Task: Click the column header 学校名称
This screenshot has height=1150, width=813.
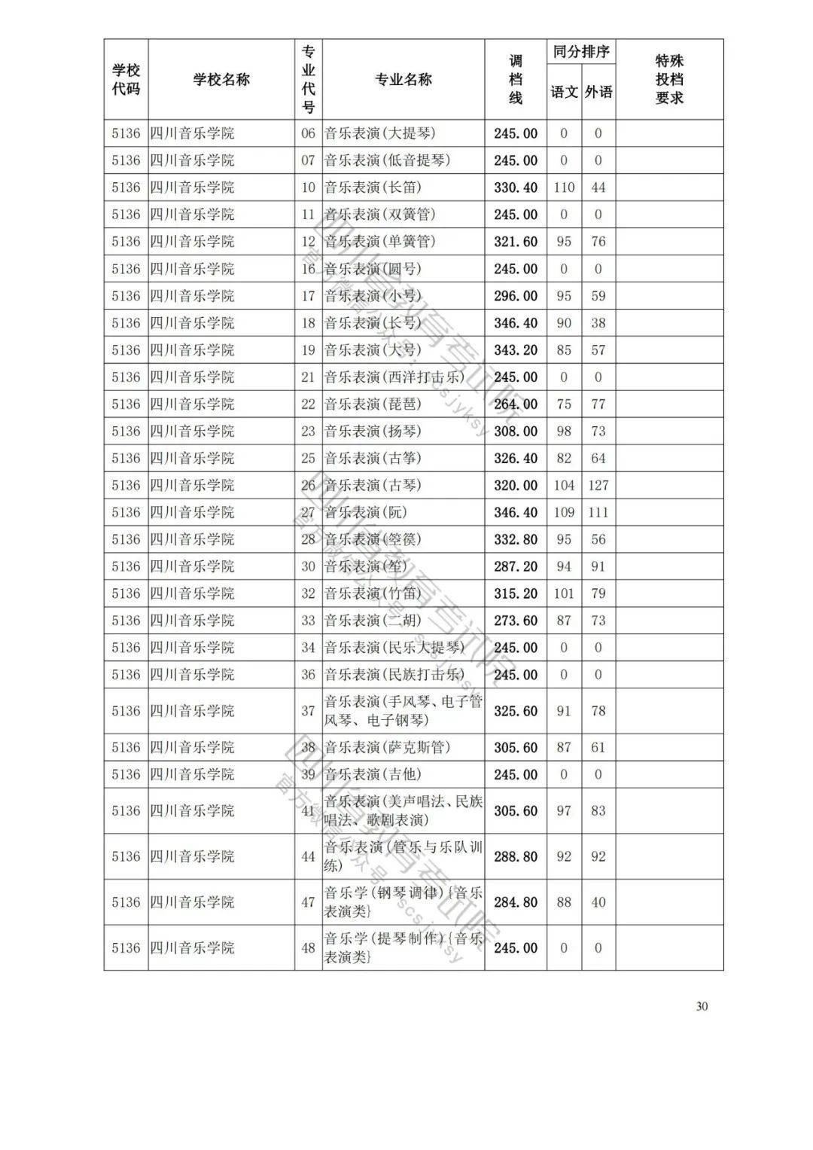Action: (221, 80)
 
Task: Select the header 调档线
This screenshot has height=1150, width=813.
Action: (516, 80)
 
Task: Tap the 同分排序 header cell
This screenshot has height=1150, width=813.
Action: (581, 52)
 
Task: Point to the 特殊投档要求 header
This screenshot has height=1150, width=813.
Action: (669, 80)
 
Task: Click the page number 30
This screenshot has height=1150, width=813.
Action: (702, 1006)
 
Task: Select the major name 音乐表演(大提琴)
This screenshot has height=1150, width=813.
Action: (380, 133)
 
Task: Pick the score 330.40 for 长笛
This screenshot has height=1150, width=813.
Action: (516, 188)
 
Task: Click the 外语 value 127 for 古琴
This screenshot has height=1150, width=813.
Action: (598, 485)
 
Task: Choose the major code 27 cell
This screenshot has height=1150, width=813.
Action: (308, 512)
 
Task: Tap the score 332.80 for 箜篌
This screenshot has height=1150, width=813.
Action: (516, 539)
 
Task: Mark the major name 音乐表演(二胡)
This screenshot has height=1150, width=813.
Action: (373, 621)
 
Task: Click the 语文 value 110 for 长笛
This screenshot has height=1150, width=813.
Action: (564, 188)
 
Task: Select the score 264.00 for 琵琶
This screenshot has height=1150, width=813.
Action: (516, 404)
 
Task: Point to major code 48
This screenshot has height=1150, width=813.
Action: (308, 947)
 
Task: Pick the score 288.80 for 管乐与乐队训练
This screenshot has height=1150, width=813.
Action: (516, 856)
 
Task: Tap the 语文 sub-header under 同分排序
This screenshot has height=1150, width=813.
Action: (564, 92)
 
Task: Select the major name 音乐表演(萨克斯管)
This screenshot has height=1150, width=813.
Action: (387, 747)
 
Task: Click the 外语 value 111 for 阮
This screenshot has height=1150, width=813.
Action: (598, 512)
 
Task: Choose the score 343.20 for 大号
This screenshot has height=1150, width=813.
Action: (516, 350)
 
